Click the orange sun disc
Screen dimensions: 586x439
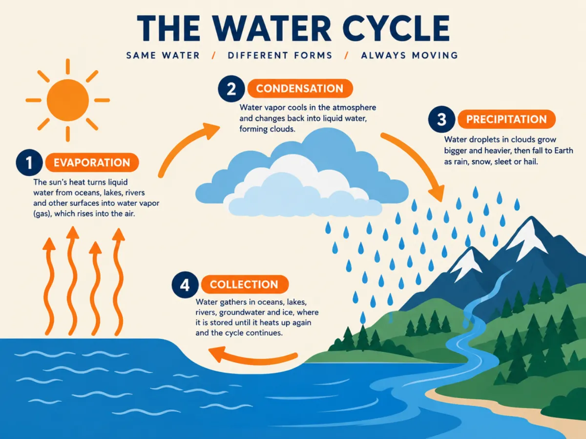coord(68,100)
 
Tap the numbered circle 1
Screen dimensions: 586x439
coord(29,162)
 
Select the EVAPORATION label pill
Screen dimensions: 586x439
coord(92,162)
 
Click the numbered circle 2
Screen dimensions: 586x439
coord(231,89)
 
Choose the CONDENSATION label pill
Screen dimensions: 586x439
coord(300,88)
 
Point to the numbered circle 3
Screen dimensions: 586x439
coord(441,120)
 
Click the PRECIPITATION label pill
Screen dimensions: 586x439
coord(506,119)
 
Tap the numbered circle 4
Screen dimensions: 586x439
coord(185,285)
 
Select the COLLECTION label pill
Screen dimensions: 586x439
coord(245,284)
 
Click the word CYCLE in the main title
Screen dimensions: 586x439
coord(396,28)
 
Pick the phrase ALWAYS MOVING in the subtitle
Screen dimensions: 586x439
coord(410,56)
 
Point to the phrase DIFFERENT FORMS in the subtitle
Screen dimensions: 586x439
coord(280,56)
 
